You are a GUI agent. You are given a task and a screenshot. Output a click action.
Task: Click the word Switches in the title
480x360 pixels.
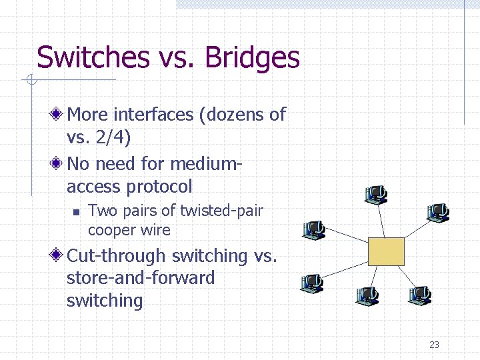point(93,57)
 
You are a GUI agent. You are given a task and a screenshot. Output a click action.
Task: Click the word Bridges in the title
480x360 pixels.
point(253,57)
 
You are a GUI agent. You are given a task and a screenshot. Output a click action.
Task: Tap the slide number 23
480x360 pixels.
point(434,345)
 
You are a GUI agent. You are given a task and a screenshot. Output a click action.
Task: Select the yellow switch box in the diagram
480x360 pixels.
point(386,251)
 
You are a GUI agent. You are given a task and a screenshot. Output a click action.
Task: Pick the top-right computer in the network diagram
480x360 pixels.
point(438,213)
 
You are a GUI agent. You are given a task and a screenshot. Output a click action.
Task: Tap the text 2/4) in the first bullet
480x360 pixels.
point(113,138)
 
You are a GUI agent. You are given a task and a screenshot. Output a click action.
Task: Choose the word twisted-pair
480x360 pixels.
point(222,211)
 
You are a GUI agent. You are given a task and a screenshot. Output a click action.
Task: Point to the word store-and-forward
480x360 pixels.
point(141,278)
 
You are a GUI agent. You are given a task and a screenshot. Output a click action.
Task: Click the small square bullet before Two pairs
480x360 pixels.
point(77,212)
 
